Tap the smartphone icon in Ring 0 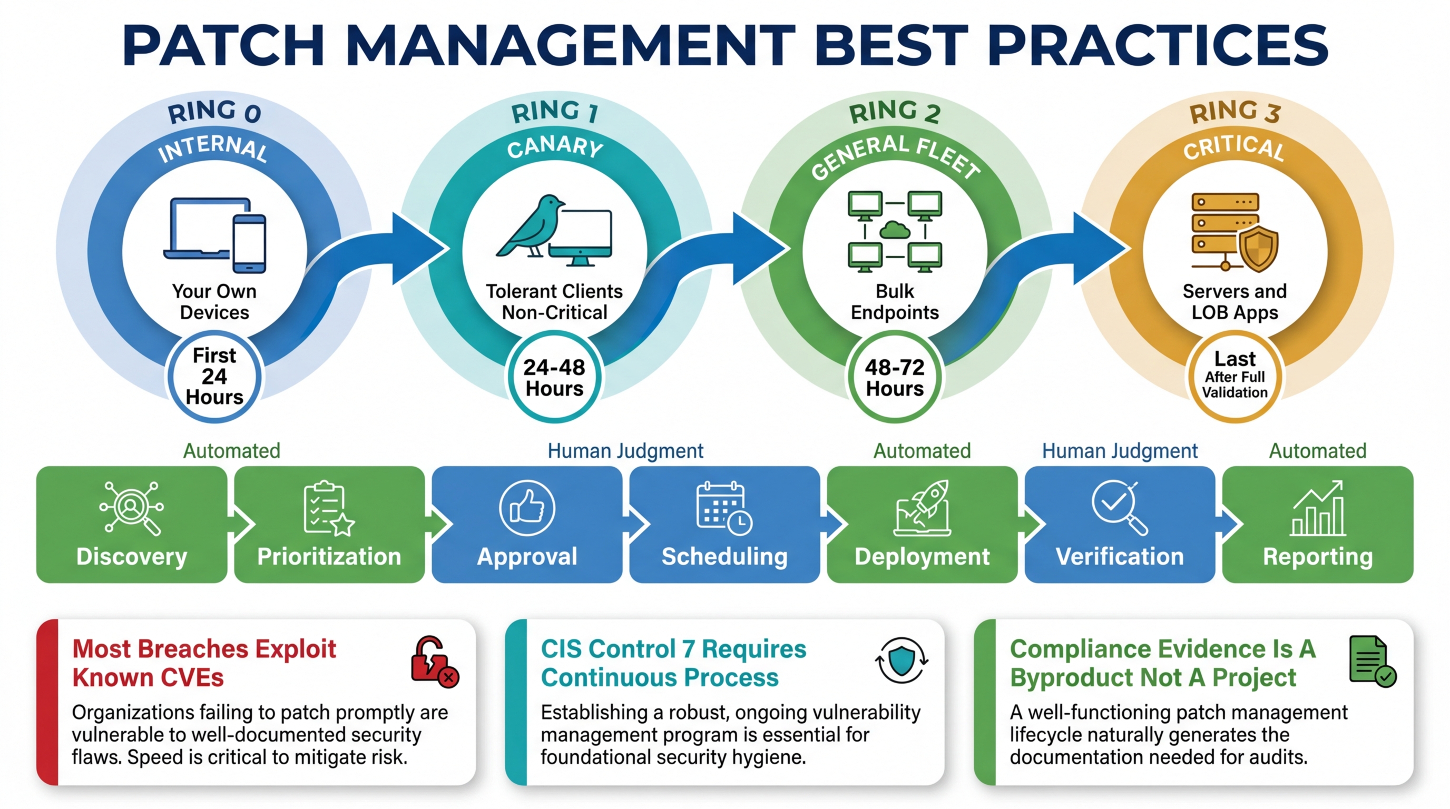pos(249,244)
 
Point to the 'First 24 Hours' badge pos(214,377)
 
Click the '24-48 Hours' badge pos(554,378)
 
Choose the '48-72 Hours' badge pos(895,378)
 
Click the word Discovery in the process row pos(132,556)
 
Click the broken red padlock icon pos(434,662)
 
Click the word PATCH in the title pos(223,45)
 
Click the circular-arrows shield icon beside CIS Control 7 pos(902,660)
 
